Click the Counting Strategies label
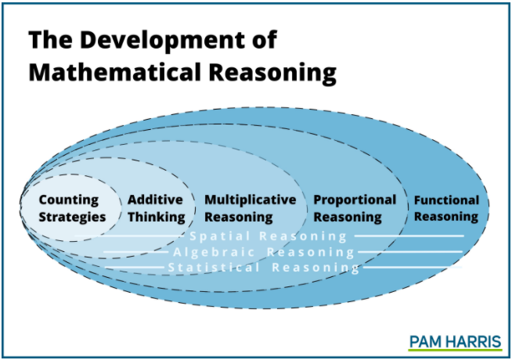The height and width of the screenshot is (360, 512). (x=72, y=208)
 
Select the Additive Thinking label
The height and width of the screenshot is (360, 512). (x=155, y=208)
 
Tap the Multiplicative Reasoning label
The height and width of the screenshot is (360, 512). (x=244, y=208)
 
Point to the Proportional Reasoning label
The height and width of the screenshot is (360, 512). (x=355, y=208)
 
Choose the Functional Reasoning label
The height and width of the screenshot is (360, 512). (x=445, y=207)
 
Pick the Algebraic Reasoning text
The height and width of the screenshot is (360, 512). (x=264, y=252)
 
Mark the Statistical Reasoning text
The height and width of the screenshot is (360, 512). (x=264, y=268)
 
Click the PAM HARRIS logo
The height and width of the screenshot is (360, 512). (x=455, y=340)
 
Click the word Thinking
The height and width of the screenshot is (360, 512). (x=157, y=217)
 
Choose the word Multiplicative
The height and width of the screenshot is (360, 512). (x=244, y=200)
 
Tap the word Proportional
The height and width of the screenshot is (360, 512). (x=355, y=200)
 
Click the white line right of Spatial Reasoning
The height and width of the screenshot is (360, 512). (x=408, y=236)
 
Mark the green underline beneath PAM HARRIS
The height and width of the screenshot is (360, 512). (x=455, y=350)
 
